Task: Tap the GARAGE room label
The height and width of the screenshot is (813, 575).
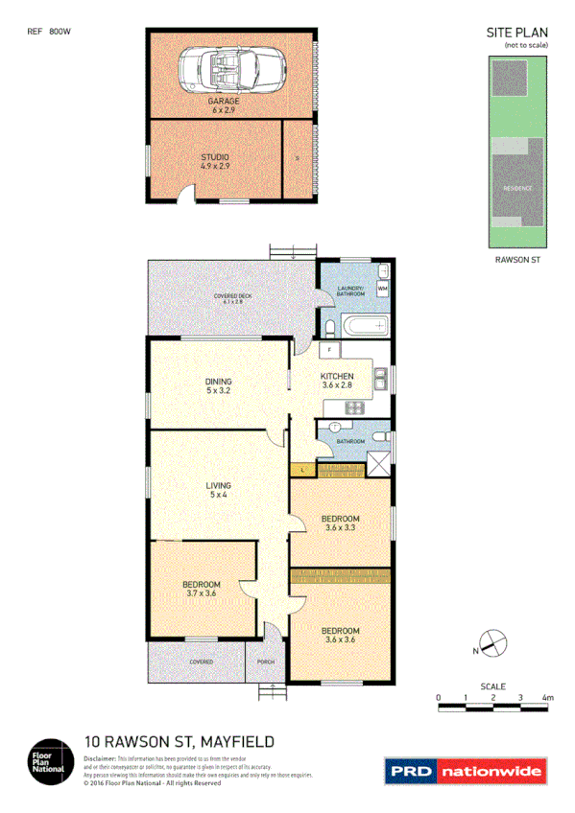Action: pyautogui.click(x=225, y=100)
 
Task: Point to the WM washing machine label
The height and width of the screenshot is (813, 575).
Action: pyautogui.click(x=382, y=288)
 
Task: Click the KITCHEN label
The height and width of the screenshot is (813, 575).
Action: pyautogui.click(x=338, y=376)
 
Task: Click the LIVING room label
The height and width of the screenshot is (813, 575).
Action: pyautogui.click(x=218, y=486)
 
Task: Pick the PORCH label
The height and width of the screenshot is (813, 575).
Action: pyautogui.click(x=266, y=662)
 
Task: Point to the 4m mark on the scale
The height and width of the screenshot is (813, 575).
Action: pyautogui.click(x=548, y=698)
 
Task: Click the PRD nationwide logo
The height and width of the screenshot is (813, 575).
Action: pyautogui.click(x=465, y=770)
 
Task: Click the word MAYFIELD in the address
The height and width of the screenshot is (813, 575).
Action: pyautogui.click(x=237, y=740)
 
